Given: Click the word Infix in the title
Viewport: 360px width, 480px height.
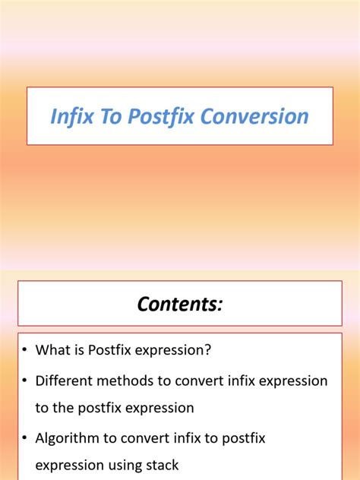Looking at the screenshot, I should (69, 116).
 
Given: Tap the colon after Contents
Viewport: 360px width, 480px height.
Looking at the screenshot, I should (220, 305).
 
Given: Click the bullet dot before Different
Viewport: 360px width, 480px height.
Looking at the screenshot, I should (24, 381).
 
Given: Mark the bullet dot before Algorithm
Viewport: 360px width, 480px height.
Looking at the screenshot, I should (24, 438).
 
